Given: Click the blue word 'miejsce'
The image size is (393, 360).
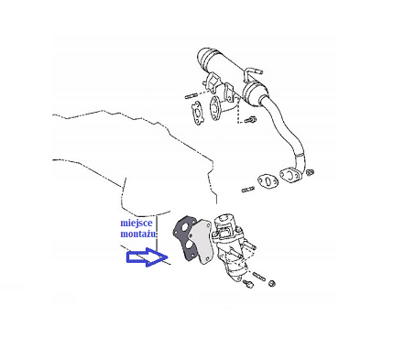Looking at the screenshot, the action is coord(136,224).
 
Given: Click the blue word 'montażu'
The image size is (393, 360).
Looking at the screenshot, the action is coord(138,235).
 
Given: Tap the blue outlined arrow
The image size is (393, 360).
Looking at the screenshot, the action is coord(147,257).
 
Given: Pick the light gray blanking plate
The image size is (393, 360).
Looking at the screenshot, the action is coord(200,242).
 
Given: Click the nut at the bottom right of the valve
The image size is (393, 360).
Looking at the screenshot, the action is coord(271,283).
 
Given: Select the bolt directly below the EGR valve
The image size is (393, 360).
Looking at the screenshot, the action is coord(248,285).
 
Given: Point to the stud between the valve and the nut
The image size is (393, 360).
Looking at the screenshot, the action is coord(258,275).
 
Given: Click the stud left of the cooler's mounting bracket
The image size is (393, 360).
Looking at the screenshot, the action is coord(191,97).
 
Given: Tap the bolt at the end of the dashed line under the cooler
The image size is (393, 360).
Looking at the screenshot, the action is coord(251,120).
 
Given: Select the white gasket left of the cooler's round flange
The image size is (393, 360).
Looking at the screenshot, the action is coord(198,114).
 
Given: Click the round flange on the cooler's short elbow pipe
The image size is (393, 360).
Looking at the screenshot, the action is coord(216,109).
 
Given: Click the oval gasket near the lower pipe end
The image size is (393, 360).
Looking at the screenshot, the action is coord(267,182).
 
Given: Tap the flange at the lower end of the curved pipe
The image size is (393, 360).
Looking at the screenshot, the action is coord(290,175).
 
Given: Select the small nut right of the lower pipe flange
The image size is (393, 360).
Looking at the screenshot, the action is coord(311,172).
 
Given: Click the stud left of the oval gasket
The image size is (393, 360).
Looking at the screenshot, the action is coord(248,190).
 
